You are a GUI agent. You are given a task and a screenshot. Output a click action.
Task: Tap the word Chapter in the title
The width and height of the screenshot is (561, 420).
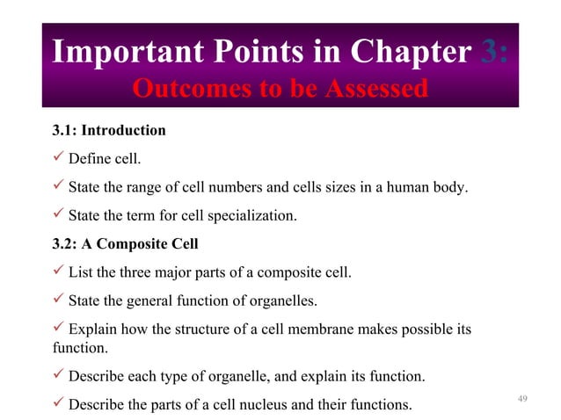(410, 53)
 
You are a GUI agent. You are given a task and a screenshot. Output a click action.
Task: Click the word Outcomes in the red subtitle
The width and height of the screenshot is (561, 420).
(186, 89)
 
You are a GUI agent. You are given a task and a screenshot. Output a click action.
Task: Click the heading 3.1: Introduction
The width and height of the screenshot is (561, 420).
(109, 131)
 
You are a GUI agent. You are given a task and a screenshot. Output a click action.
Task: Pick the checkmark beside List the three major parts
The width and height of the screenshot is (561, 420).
(59, 272)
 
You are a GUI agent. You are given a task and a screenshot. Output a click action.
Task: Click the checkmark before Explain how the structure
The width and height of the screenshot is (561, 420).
(59, 329)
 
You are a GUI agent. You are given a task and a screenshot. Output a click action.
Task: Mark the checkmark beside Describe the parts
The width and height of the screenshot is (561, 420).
(59, 405)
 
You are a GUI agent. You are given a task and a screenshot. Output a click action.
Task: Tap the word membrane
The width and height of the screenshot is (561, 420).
(334, 330)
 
